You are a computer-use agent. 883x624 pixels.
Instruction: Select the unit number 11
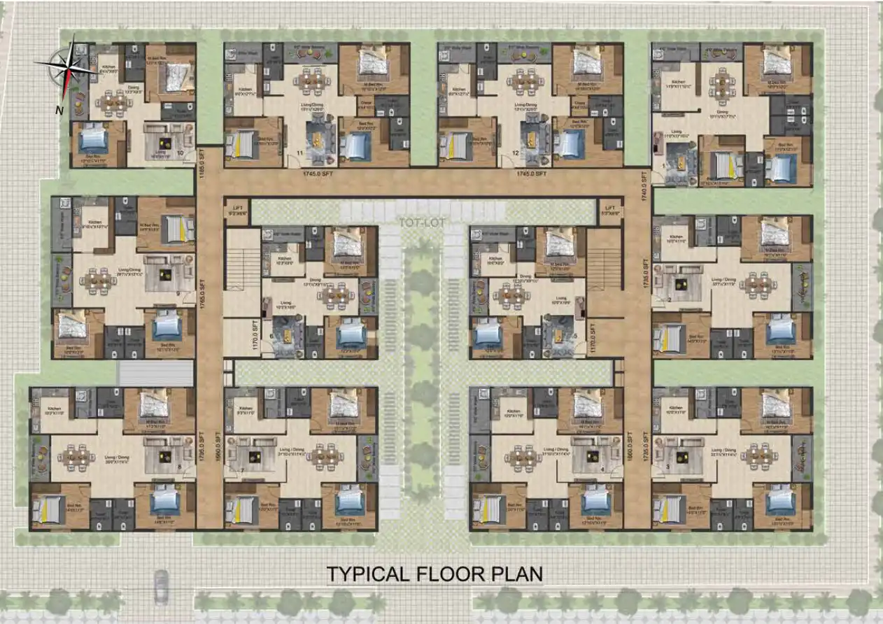point(300,152)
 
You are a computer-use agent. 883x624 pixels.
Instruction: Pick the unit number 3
point(667,466)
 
